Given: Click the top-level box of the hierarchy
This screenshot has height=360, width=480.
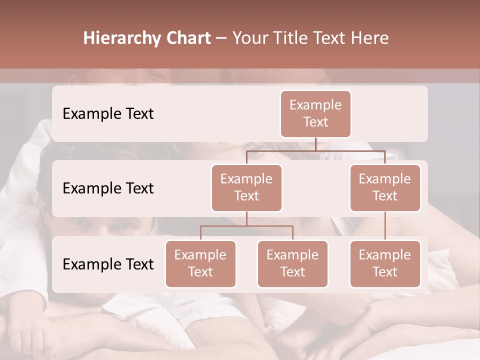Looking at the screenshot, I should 315,113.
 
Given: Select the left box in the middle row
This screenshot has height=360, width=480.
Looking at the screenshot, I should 246,187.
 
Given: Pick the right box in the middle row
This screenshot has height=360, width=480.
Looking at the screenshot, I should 385,187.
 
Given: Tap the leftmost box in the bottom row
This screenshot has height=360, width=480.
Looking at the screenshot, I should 200,263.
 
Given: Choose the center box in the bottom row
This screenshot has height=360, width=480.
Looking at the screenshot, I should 292,263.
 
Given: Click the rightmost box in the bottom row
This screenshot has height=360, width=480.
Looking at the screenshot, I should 385,263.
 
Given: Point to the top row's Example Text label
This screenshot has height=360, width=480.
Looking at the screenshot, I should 108,113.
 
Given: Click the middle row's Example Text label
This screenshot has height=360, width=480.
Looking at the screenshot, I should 108,188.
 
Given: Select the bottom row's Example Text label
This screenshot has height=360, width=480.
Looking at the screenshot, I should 108,264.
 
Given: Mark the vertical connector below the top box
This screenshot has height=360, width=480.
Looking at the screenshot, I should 315,144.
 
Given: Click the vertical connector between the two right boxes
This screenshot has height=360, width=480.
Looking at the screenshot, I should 385,226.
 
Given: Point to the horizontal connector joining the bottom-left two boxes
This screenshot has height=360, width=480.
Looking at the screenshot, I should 246,226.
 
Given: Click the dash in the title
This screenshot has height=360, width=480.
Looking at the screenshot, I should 221,38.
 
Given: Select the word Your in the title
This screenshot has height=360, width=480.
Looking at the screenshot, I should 249,38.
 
